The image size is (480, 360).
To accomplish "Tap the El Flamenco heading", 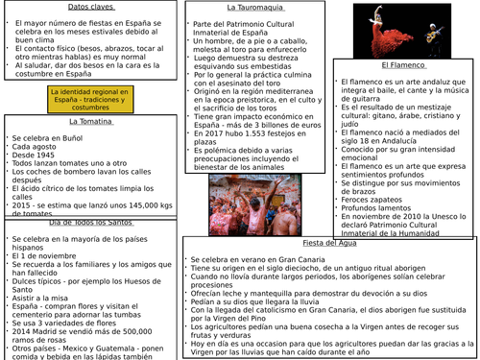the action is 402,65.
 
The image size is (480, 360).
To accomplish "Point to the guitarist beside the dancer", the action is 446,34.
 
